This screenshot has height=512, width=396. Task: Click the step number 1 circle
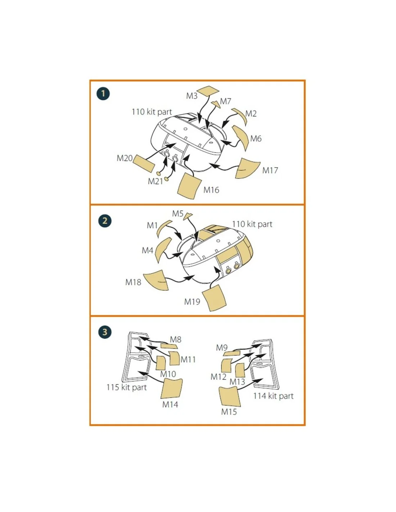pyautogui.click(x=103, y=94)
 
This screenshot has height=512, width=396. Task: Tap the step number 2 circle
pyautogui.click(x=105, y=221)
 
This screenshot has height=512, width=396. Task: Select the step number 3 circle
pyautogui.click(x=105, y=332)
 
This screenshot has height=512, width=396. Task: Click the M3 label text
pyautogui.click(x=192, y=96)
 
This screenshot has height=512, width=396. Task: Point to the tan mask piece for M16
pyautogui.click(x=189, y=187)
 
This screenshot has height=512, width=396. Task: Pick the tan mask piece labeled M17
pyautogui.click(x=248, y=168)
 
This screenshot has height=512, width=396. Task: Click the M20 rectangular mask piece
pyautogui.click(x=144, y=164)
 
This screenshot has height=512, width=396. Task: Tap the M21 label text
pyautogui.click(x=155, y=181)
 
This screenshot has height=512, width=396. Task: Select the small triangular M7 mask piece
pyautogui.click(x=216, y=104)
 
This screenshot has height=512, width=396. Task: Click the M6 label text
pyautogui.click(x=256, y=139)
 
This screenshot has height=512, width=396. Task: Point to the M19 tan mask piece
pyautogui.click(x=214, y=298)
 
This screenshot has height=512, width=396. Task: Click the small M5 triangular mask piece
pyautogui.click(x=188, y=216)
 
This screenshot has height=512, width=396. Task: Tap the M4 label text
pyautogui.click(x=148, y=250)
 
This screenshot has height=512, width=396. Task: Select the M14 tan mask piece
pyautogui.click(x=172, y=389)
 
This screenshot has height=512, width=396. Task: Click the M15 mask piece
pyautogui.click(x=230, y=396)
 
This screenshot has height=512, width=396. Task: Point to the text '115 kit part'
pyautogui.click(x=126, y=387)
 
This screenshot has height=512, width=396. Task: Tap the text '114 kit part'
pyautogui.click(x=273, y=396)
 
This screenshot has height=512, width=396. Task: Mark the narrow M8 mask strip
pyautogui.click(x=169, y=346)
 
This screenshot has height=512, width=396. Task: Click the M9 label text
pyautogui.click(x=222, y=347)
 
